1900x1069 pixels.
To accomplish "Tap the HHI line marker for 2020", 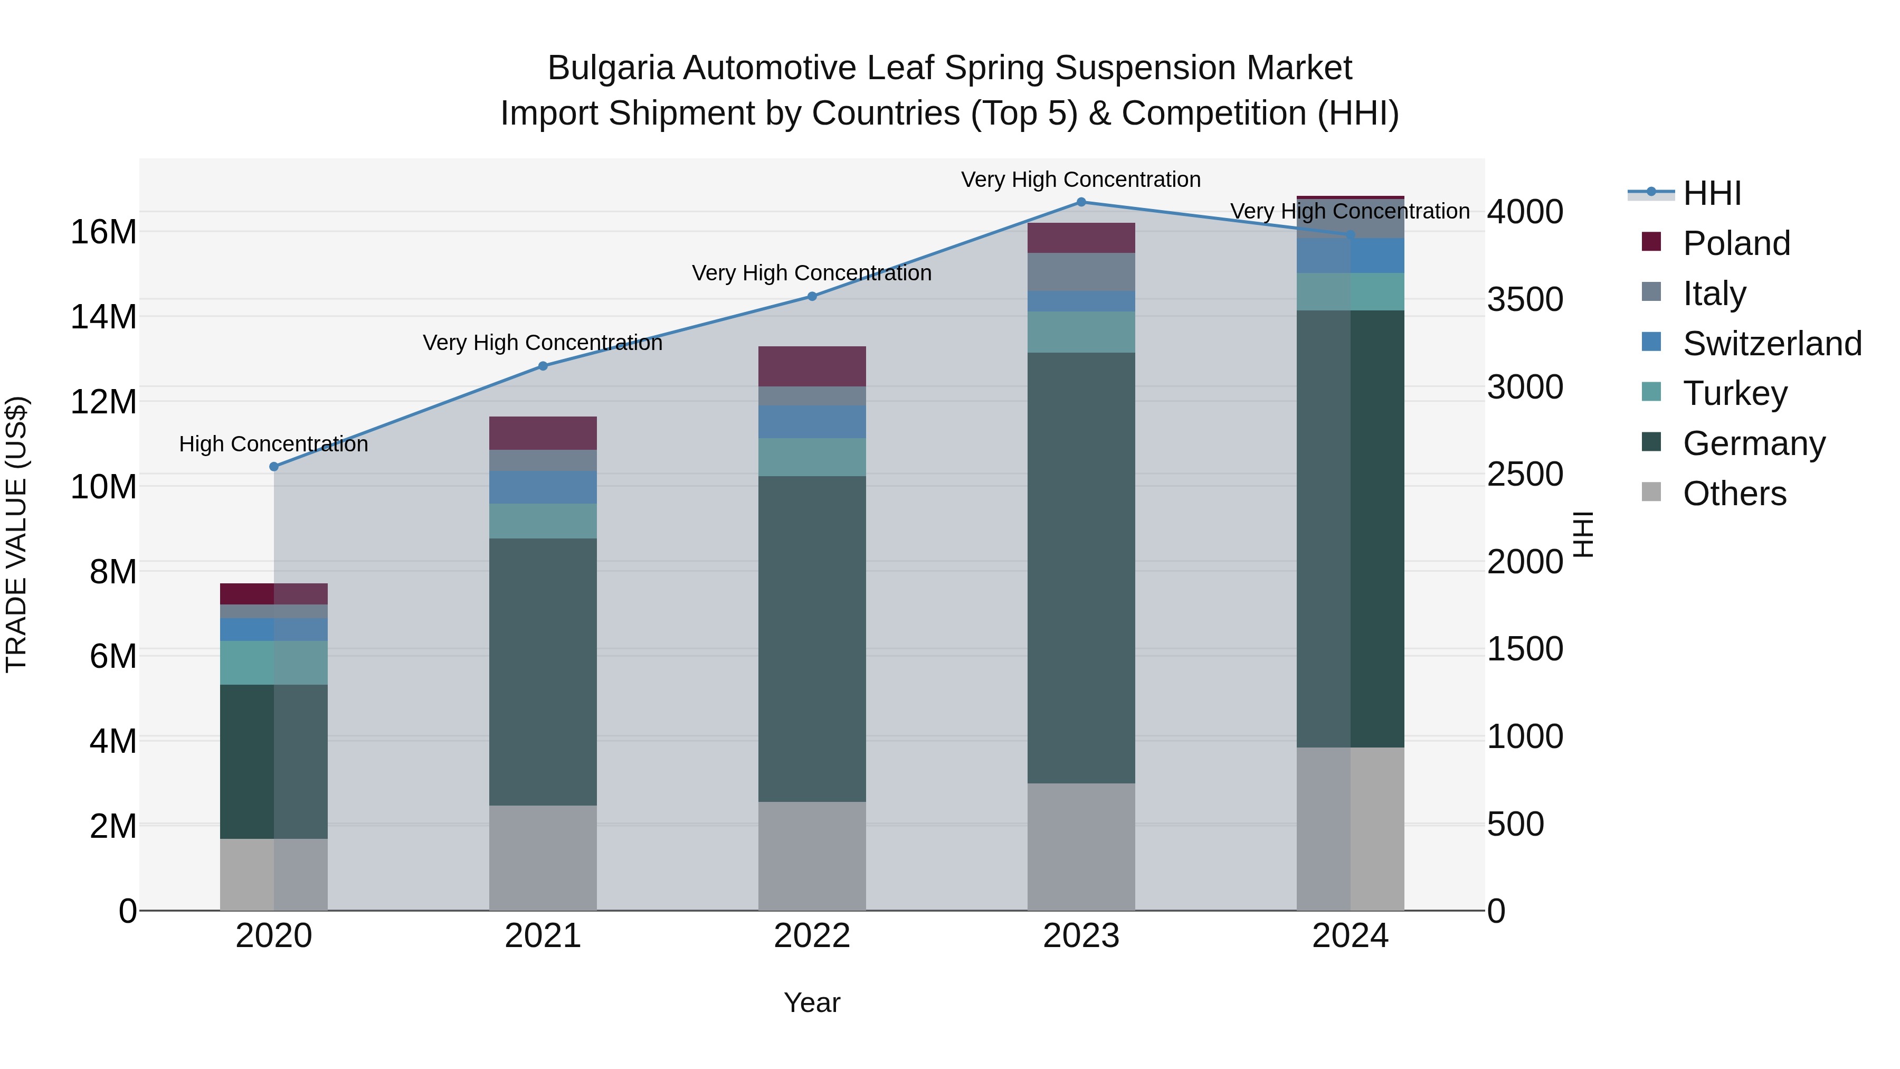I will tap(273, 466).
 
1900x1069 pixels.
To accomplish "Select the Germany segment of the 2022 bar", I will tap(812, 638).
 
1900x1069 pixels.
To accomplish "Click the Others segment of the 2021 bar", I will tap(543, 857).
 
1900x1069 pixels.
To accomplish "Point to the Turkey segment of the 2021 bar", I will tap(543, 521).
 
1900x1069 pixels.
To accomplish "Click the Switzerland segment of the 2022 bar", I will tap(812, 421).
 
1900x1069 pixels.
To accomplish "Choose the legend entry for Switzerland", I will tap(1772, 344).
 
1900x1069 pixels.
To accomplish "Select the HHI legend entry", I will tap(1711, 193).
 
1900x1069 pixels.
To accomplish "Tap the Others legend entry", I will tap(1734, 494).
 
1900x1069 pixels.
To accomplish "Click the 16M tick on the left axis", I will tap(103, 232).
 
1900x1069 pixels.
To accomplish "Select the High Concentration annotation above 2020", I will tap(273, 444).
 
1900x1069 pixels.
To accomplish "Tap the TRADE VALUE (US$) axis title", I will tap(16, 534).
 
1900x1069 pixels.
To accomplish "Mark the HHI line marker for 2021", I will tap(543, 366).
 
